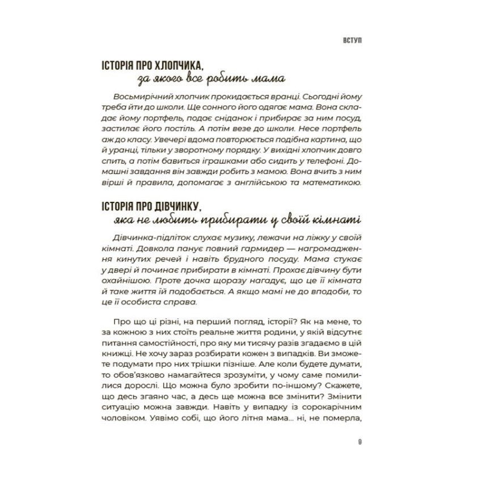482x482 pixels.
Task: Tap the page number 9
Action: click(x=361, y=441)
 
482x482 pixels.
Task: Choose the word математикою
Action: click(x=336, y=183)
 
